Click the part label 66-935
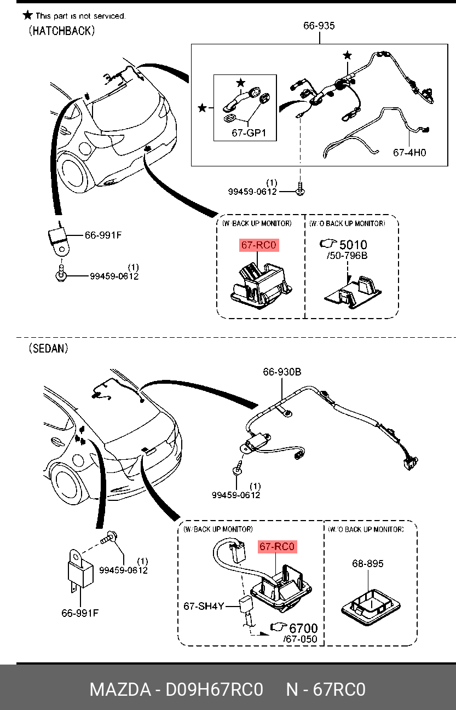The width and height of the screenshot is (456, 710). tap(319, 26)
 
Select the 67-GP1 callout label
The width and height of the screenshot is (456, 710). tap(249, 133)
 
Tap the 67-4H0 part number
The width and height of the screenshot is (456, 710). tap(409, 153)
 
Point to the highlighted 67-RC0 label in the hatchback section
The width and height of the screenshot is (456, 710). tap(259, 245)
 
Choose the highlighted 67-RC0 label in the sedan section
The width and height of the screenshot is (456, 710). tap(278, 546)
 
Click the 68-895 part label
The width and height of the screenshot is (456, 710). tap(367, 563)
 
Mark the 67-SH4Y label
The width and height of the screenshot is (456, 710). tap(204, 606)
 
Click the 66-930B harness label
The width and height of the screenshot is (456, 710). tap(282, 372)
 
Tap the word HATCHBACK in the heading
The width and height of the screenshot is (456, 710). tap(62, 31)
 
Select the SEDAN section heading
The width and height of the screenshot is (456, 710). tap(49, 349)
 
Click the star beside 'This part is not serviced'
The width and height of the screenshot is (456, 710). tap(28, 15)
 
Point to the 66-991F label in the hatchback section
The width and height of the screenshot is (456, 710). tap(103, 235)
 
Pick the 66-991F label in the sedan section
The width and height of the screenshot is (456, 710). tap(80, 613)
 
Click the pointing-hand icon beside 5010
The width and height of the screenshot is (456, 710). tap(328, 244)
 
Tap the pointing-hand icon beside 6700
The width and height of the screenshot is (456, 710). tap(279, 627)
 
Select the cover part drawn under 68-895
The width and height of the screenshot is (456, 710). tap(371, 607)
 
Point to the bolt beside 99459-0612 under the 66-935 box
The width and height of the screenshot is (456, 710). tap(300, 189)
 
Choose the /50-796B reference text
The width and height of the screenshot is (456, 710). tap(347, 256)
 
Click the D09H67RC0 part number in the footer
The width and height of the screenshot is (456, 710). tap(215, 689)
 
